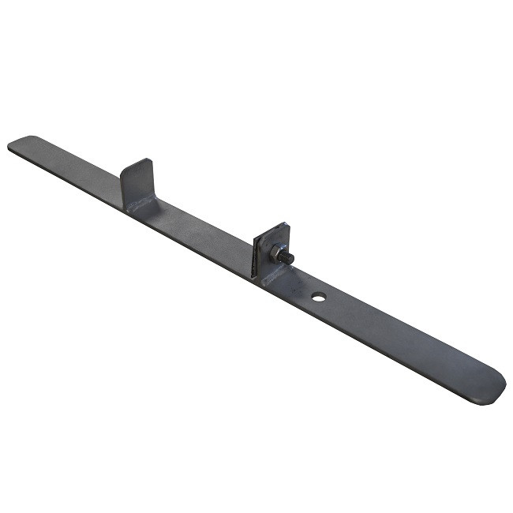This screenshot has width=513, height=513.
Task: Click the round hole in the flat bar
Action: pos(319,298)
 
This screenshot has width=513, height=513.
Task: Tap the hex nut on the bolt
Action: pos(281,255)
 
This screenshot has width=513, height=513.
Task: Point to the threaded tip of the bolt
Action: pos(290,260)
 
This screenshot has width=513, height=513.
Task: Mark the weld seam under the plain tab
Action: pos(142,207)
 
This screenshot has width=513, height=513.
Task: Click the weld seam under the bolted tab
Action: pos(273,275)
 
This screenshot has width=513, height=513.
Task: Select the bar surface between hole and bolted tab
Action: pos(298,285)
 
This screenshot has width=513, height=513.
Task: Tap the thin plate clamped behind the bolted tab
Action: pos(256,254)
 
